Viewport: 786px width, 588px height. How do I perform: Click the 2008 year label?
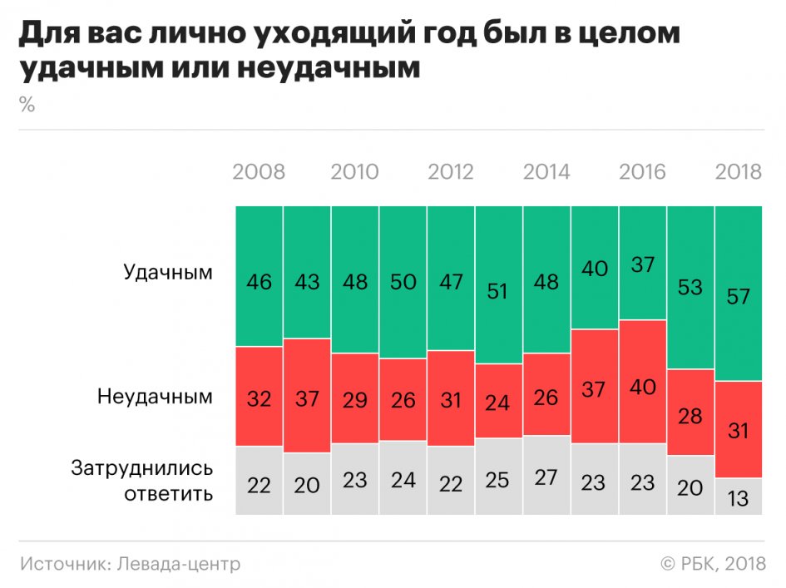point(259,172)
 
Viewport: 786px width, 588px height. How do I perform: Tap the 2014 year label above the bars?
point(546,172)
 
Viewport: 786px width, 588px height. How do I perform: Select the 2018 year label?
point(739,172)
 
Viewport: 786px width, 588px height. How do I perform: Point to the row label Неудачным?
point(155,397)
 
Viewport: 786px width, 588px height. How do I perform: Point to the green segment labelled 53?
point(690,288)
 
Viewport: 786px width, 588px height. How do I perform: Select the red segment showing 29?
point(355,398)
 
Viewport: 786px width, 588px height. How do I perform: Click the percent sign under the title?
point(27,106)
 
